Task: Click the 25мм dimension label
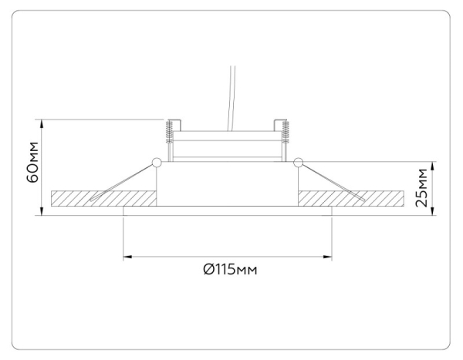[x=421, y=189]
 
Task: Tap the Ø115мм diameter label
[x=229, y=270]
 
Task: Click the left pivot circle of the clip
[x=157, y=163]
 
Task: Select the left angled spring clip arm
[x=123, y=181]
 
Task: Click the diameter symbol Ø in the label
[x=208, y=270]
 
